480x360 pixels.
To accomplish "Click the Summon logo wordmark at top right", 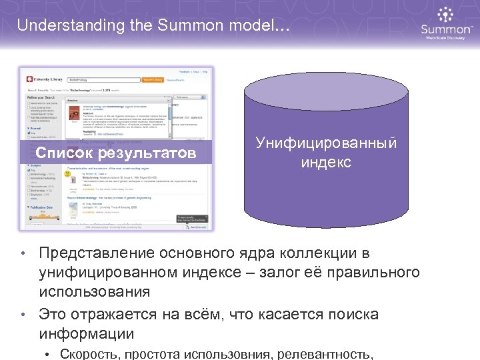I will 447,29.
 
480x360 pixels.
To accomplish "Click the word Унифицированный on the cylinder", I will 326,143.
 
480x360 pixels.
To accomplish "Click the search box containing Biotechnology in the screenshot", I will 100,79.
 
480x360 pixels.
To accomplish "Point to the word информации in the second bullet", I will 86,333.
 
